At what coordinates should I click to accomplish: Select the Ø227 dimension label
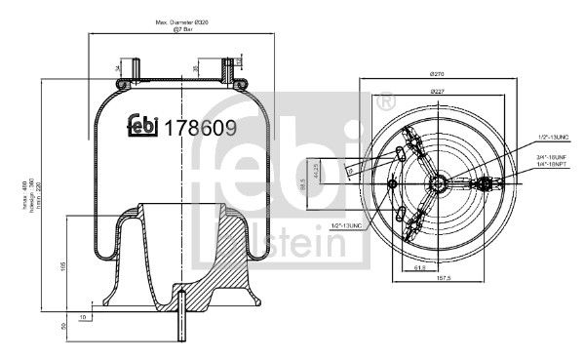point(438,93)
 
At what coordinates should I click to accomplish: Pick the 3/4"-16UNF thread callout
point(552,155)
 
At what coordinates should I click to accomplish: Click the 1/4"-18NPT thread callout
point(552,166)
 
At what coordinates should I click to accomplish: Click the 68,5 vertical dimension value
point(304,181)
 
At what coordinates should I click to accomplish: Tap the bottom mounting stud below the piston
point(182,327)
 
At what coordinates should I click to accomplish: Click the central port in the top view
point(439,180)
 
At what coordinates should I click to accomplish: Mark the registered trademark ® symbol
point(384,101)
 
